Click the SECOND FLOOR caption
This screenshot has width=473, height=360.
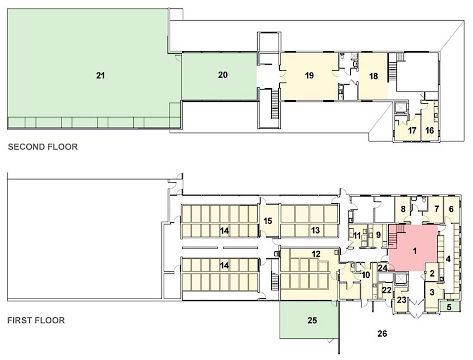43,147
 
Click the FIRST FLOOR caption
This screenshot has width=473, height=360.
36,320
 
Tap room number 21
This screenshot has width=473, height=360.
101,76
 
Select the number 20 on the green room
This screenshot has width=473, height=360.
223,75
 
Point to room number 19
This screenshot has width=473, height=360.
309,76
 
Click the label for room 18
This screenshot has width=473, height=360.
373,76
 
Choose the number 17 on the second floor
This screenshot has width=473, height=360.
412,130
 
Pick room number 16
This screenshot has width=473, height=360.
430,130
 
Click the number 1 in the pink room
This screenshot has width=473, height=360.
415,251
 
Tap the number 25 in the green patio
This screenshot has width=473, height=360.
312,321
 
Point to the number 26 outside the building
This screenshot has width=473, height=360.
382,334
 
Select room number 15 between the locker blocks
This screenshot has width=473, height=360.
268,221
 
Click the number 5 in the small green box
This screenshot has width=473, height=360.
449,307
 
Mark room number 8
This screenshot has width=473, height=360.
403,209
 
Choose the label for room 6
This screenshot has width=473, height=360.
451,209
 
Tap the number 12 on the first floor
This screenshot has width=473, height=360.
316,254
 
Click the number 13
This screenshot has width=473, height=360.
315,230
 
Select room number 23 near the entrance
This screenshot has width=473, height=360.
402,300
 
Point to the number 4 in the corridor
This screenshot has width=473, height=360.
448,259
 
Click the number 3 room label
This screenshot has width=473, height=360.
432,292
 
